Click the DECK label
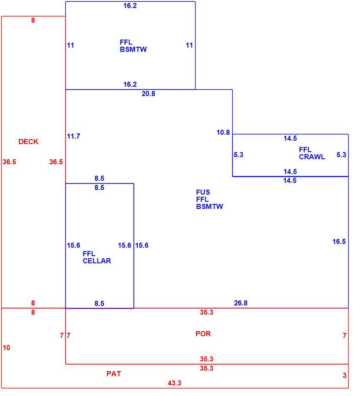28,142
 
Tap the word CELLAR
97,261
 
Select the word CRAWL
312,157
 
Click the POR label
203,334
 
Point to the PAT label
114,374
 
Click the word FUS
203,192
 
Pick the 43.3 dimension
175,383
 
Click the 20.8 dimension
148,94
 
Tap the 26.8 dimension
241,303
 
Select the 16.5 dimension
339,242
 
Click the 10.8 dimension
223,132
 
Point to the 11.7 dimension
73,136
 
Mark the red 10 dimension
7,348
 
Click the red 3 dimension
344,375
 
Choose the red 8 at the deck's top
33,21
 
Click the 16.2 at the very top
130,5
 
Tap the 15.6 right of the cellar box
142,246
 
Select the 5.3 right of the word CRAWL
341,155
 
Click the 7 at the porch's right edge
344,336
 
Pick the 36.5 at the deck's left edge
9,162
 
